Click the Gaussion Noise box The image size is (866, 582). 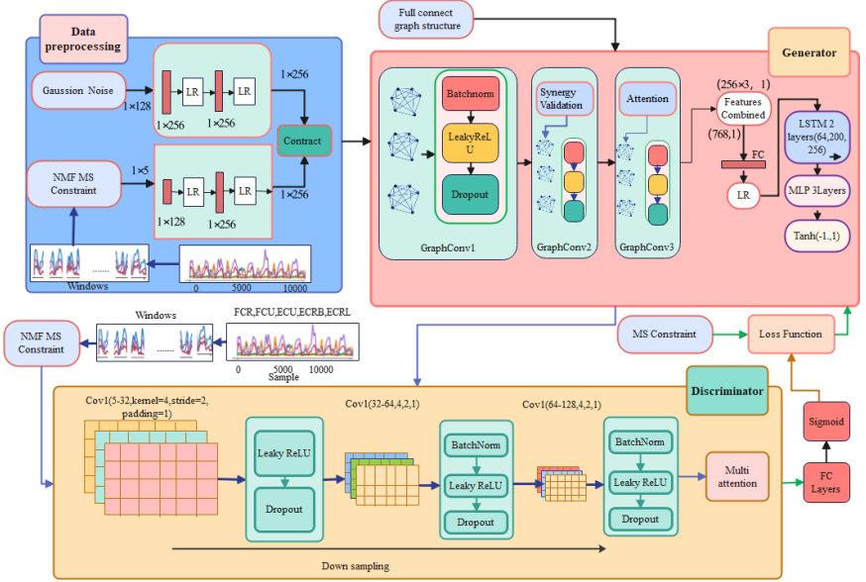click(x=77, y=91)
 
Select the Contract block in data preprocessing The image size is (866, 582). click(x=303, y=141)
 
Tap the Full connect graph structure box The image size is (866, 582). click(x=428, y=19)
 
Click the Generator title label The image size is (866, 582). click(x=808, y=52)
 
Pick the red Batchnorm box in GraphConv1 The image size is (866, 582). click(x=470, y=93)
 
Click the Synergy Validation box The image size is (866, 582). click(x=565, y=99)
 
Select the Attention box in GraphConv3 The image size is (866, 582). click(x=648, y=99)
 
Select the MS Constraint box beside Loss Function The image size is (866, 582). click(x=665, y=335)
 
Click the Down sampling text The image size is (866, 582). click(x=355, y=565)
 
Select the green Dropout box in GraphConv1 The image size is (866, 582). click(x=470, y=193)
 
